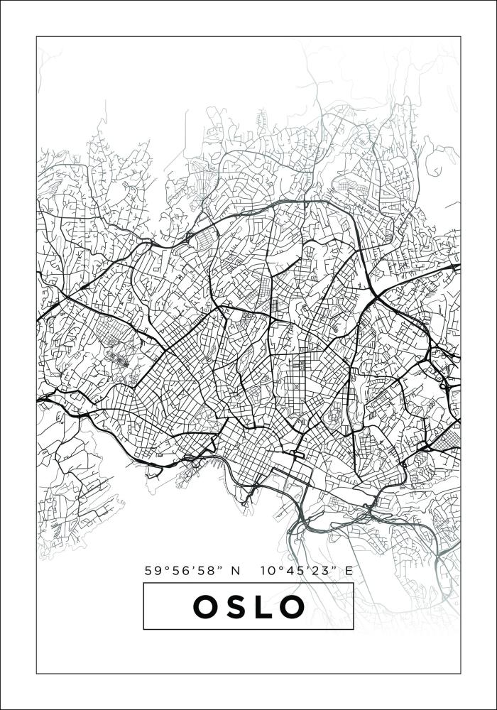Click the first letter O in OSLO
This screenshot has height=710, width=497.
click(x=207, y=606)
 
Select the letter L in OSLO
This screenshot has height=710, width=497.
click(x=263, y=606)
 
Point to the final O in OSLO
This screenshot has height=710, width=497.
click(x=291, y=606)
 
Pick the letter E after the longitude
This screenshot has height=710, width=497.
click(x=348, y=570)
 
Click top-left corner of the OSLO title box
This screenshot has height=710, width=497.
click(x=143, y=583)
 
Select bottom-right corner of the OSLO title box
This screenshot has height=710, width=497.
click(x=354, y=629)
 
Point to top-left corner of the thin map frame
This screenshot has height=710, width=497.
click(x=37, y=37)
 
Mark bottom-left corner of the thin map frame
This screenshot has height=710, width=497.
click(x=37, y=672)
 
